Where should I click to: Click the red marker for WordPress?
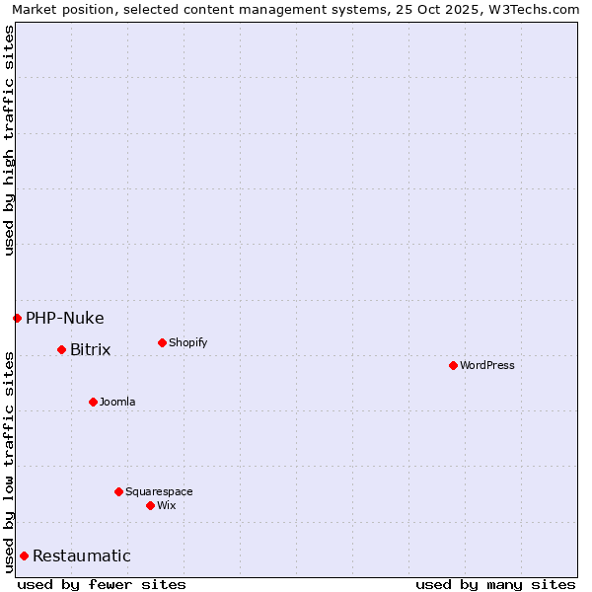pyautogui.click(x=453, y=365)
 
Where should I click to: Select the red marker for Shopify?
pyautogui.click(x=162, y=342)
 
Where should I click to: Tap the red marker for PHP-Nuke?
pyautogui.click(x=17, y=318)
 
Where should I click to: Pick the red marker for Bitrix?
pyautogui.click(x=61, y=349)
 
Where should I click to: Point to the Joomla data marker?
pyautogui.click(x=93, y=402)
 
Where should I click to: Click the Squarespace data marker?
pyautogui.click(x=118, y=491)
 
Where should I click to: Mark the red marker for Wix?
pyautogui.click(x=150, y=505)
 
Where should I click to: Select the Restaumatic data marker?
pyautogui.click(x=24, y=555)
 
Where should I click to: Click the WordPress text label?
pyautogui.click(x=487, y=365)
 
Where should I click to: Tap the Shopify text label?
pyautogui.click(x=188, y=342)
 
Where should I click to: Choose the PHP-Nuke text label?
pyautogui.click(x=65, y=318)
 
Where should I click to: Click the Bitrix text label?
pyautogui.click(x=91, y=349)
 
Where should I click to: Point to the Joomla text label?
pyautogui.click(x=117, y=402)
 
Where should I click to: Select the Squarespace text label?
pyautogui.click(x=159, y=491)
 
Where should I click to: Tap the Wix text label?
pyautogui.click(x=167, y=505)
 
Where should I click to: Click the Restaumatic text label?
pyautogui.click(x=82, y=555)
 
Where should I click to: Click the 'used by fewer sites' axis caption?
pyautogui.click(x=102, y=584)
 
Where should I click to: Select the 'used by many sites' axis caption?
pyautogui.click(x=495, y=584)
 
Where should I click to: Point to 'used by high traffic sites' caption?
pyautogui.click(x=9, y=140)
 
